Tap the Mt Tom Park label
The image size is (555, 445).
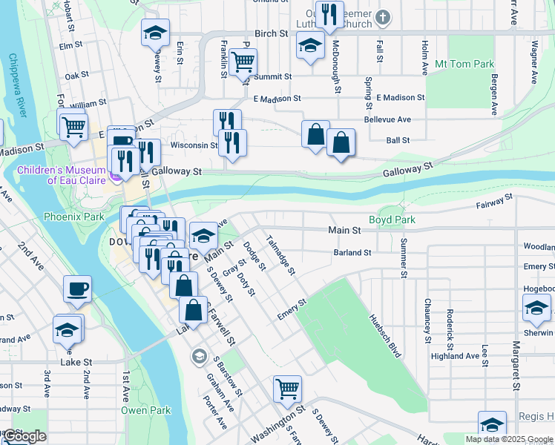point(464,65)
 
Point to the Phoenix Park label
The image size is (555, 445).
point(73,217)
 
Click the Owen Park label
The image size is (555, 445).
point(146,410)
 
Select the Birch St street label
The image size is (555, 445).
point(271,33)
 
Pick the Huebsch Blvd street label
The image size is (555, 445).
point(385,334)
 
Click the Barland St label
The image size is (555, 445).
point(352,253)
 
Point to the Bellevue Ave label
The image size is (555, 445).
point(387,119)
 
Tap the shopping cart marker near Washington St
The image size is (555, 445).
point(286,387)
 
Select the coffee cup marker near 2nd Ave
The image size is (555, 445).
point(77,289)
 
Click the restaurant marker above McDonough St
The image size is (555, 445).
point(329,14)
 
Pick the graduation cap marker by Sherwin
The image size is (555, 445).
point(536,307)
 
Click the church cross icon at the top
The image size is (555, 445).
point(382,16)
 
